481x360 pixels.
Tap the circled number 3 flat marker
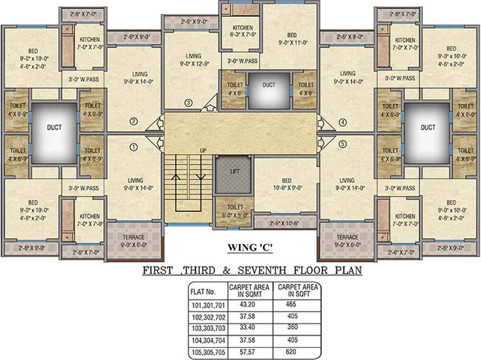coord(188,103)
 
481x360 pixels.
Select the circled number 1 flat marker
coord(134,147)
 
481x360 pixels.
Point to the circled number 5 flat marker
coord(343,144)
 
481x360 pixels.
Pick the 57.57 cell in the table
coord(249,352)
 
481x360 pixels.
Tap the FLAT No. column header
coord(203,291)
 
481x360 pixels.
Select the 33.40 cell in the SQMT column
coord(249,328)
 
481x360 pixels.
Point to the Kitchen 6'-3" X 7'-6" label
coord(242,31)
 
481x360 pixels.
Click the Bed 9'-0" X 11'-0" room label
coord(292,39)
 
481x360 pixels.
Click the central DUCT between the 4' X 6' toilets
coord(269,85)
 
